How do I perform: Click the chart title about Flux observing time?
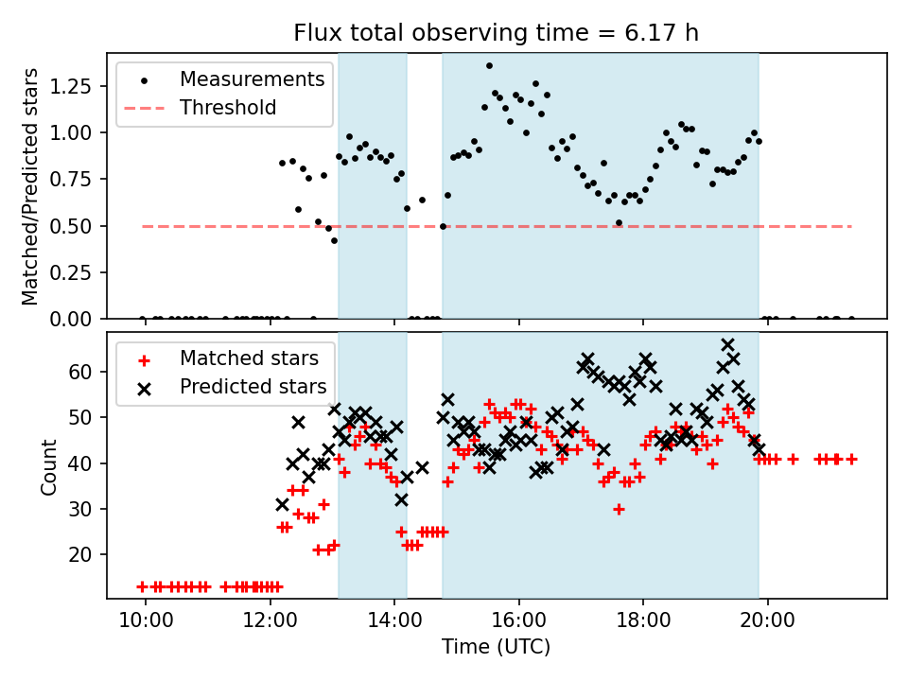click(497, 34)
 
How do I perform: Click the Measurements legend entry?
click(253, 79)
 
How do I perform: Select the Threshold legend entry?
click(228, 108)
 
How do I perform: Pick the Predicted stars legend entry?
click(253, 387)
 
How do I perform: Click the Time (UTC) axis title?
click(496, 647)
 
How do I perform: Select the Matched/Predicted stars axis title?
click(31, 186)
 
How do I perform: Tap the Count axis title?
click(49, 466)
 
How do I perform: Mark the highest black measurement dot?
click(489, 66)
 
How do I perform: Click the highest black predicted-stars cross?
click(727, 345)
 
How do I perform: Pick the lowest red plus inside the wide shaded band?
click(619, 509)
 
